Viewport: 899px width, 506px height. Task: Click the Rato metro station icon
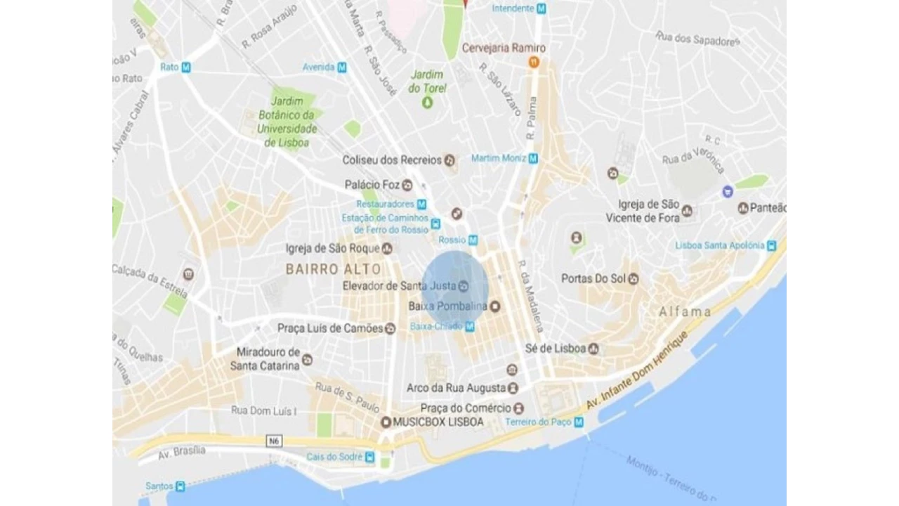(x=186, y=67)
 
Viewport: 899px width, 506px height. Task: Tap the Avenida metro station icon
(x=342, y=67)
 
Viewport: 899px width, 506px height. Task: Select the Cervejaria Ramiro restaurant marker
(x=534, y=63)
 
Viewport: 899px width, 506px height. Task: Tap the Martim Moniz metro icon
(x=533, y=159)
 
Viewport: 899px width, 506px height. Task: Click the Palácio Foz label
(x=372, y=185)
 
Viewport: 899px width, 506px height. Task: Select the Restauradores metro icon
(x=421, y=205)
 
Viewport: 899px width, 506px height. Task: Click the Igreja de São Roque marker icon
(x=387, y=249)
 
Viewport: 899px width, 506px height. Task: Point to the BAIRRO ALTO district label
(x=334, y=269)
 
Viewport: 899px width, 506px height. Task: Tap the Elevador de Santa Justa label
(x=398, y=286)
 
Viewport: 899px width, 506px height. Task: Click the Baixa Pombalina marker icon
(x=495, y=306)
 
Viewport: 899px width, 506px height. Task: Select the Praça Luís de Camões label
(x=330, y=328)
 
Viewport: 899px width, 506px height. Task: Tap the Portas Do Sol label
(x=593, y=279)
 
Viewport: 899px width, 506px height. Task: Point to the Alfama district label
(x=685, y=311)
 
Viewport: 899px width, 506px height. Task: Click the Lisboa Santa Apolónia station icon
(x=773, y=246)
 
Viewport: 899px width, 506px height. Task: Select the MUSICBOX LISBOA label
(x=438, y=422)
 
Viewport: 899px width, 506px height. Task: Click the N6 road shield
(x=275, y=441)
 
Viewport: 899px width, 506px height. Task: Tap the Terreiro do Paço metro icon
(x=579, y=422)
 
